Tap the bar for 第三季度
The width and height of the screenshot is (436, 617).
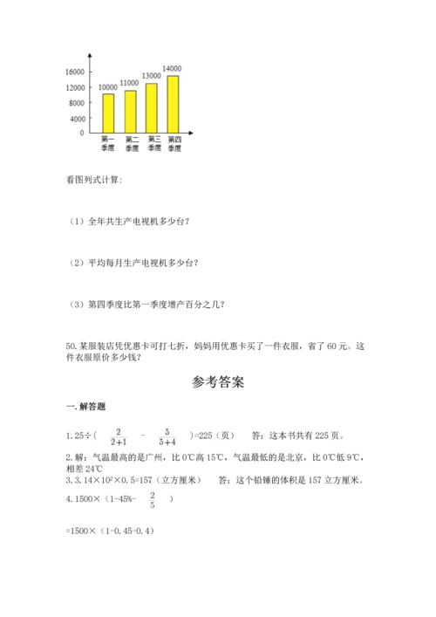pyautogui.click(x=151, y=107)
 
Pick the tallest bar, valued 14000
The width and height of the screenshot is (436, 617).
pyautogui.click(x=173, y=104)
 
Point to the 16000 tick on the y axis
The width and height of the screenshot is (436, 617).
pyautogui.click(x=75, y=72)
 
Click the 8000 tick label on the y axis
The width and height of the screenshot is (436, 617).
pyautogui.click(x=78, y=103)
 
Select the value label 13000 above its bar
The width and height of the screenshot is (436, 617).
pyautogui.click(x=150, y=76)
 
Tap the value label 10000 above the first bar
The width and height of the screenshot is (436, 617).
pyautogui.click(x=108, y=87)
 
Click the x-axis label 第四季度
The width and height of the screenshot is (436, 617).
pyautogui.click(x=174, y=144)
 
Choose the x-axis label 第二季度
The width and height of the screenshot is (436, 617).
pyautogui.click(x=131, y=144)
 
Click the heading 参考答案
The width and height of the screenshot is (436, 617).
pyautogui.click(x=217, y=381)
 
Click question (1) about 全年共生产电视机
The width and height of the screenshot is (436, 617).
pyautogui.click(x=129, y=221)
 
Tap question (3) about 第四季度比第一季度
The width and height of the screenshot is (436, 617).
pyautogui.click(x=146, y=304)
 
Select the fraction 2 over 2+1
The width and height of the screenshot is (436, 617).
pyautogui.click(x=120, y=435)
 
